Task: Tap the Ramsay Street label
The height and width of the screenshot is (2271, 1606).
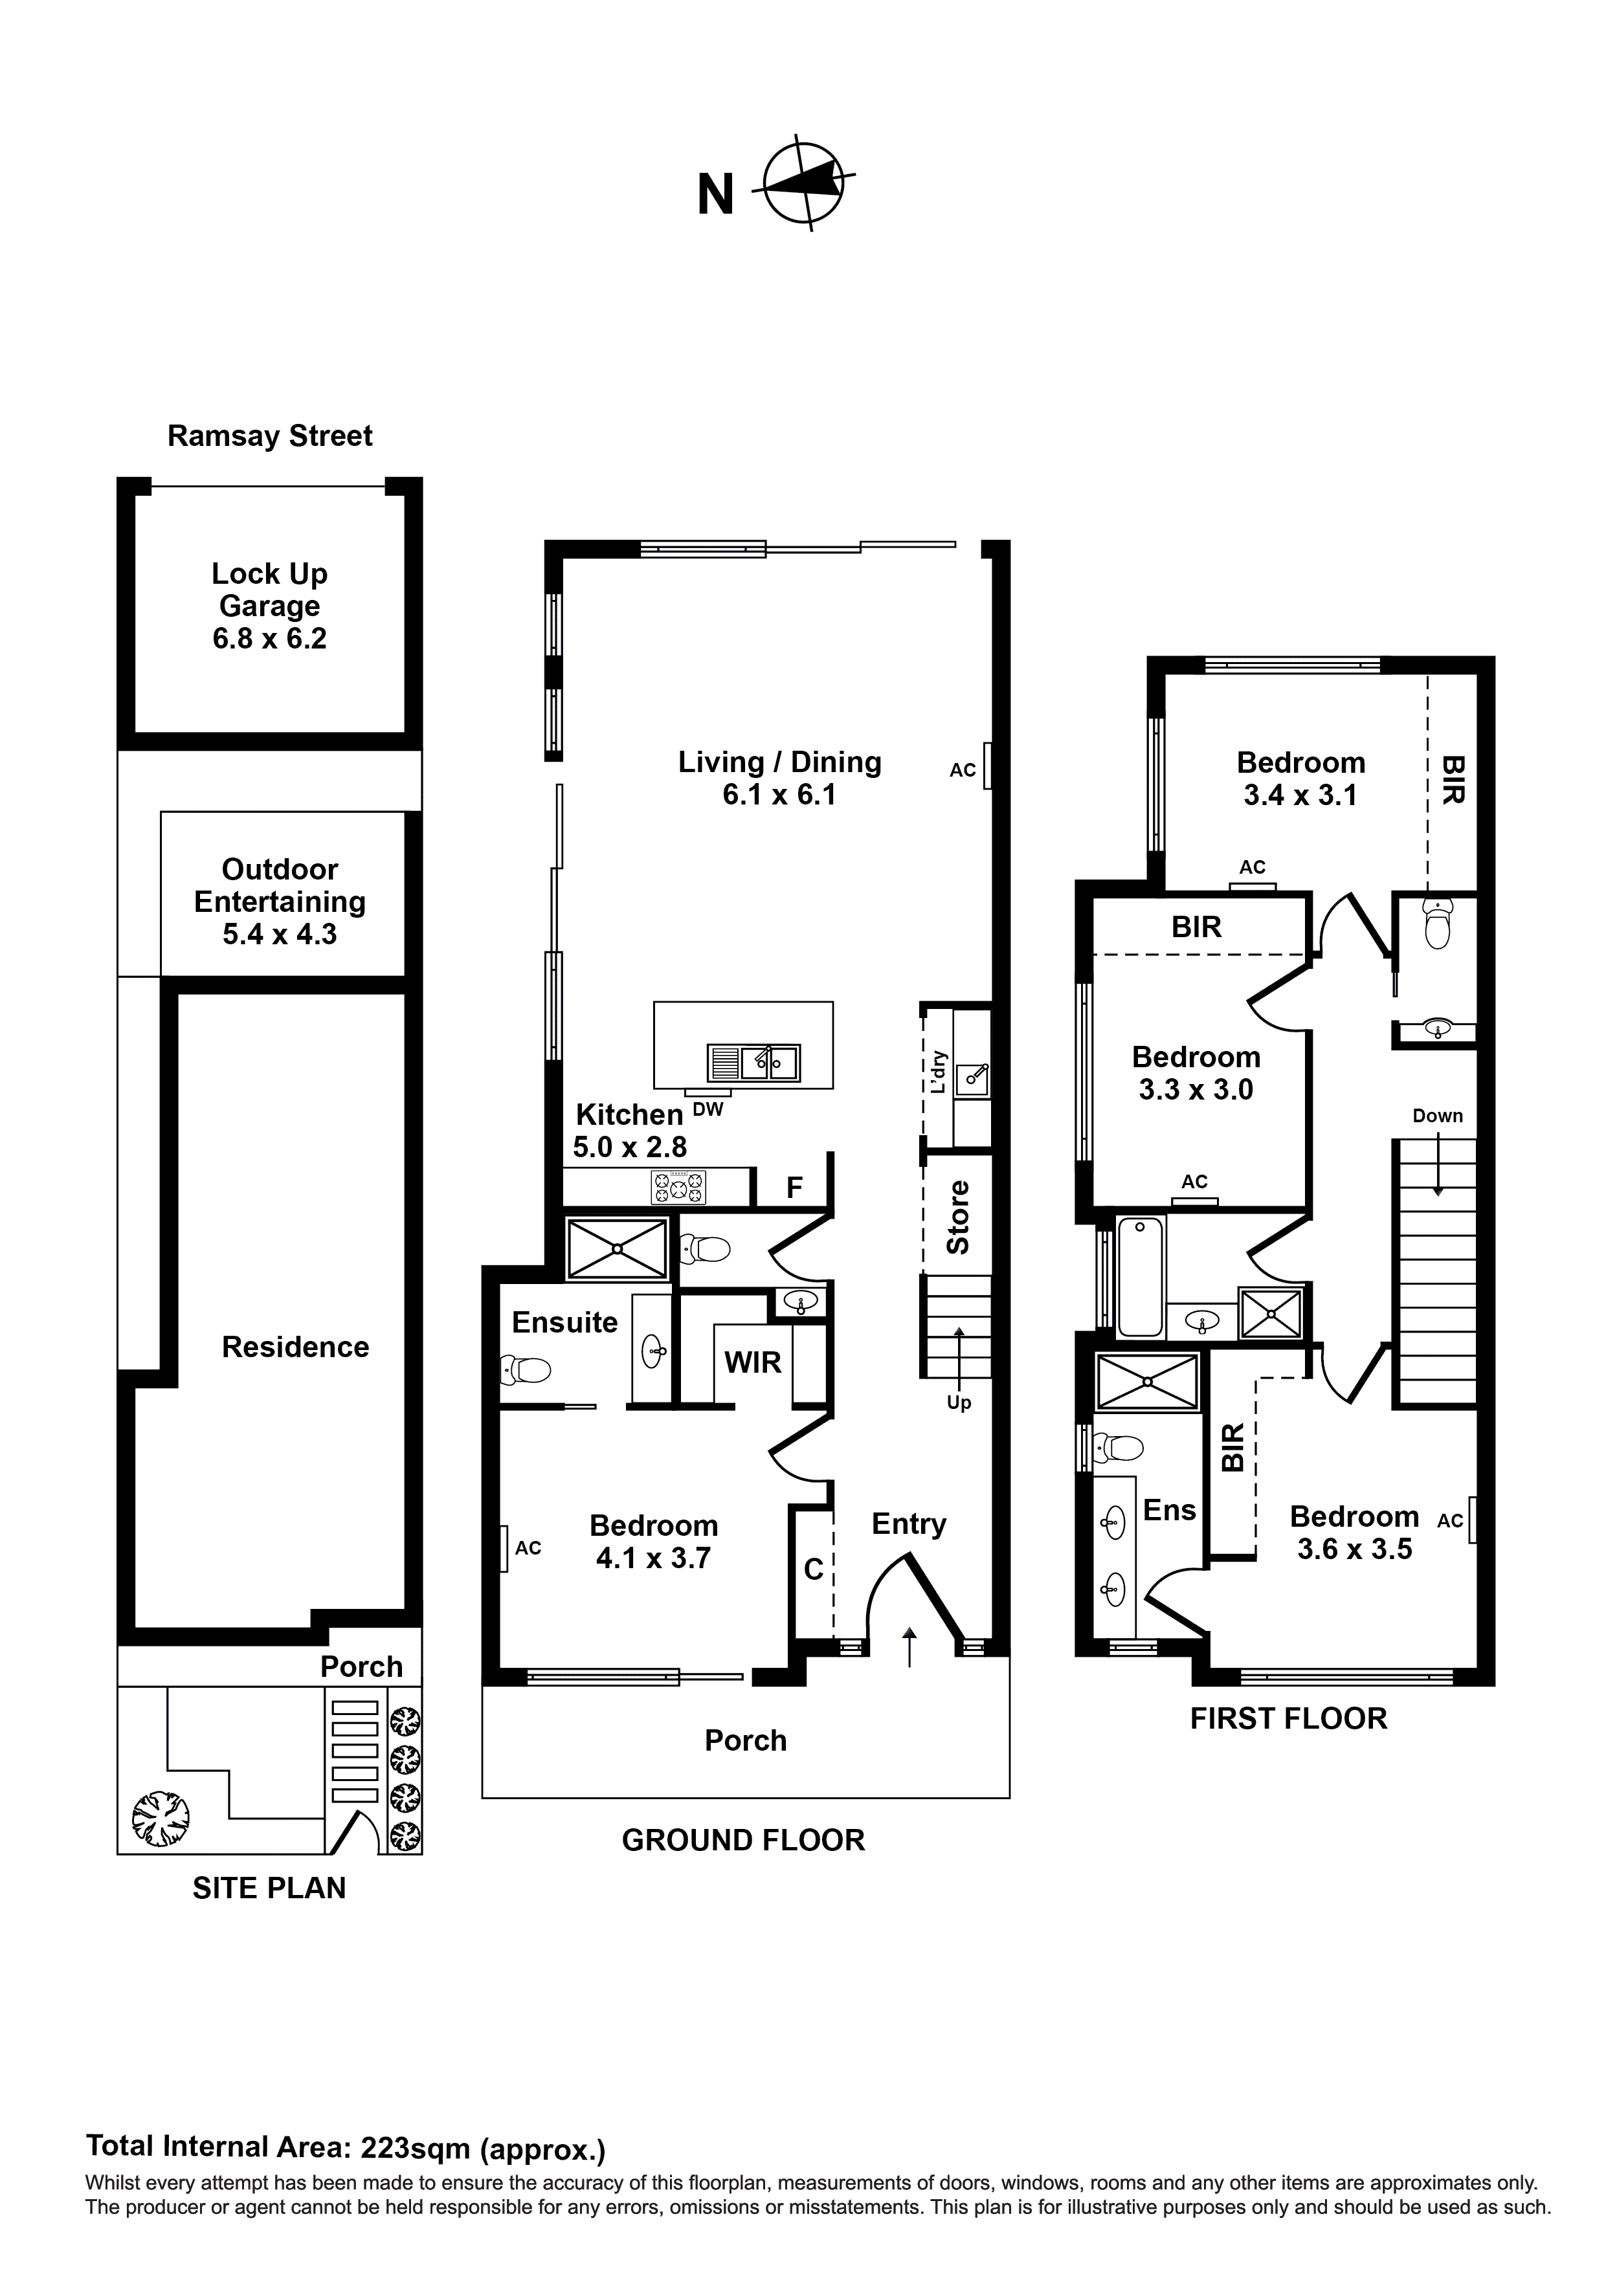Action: (269, 436)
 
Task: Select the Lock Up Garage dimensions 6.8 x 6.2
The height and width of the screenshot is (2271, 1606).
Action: (269, 639)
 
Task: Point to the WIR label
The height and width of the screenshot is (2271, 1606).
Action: (752, 1363)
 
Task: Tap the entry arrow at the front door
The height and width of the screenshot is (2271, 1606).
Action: (910, 1647)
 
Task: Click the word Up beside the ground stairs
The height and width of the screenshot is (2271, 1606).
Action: (958, 1404)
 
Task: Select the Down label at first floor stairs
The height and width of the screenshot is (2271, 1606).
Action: (1437, 1116)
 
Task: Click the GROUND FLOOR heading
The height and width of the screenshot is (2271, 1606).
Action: (743, 1841)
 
